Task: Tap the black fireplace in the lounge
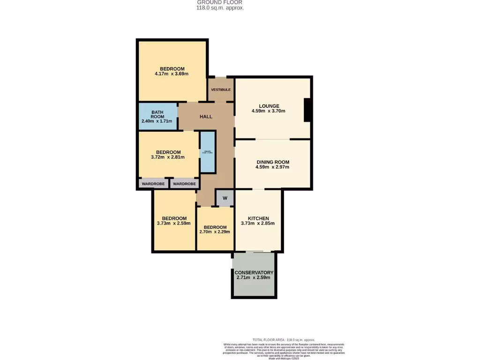[307, 110]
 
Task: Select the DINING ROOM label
[273, 162]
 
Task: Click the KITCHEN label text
[258, 218]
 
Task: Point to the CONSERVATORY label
[254, 272]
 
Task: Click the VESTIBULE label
[221, 90]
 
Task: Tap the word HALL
[206, 116]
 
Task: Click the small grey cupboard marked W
[225, 198]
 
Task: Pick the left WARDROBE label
[153, 184]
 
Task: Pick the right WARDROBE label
[184, 184]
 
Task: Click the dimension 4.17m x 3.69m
[172, 74]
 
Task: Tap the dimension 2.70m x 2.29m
[215, 232]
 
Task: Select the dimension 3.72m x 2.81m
[168, 157]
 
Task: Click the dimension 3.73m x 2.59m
[174, 223]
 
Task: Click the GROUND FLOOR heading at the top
[220, 2]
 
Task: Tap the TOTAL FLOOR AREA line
[284, 340]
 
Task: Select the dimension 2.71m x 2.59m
[254, 277]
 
